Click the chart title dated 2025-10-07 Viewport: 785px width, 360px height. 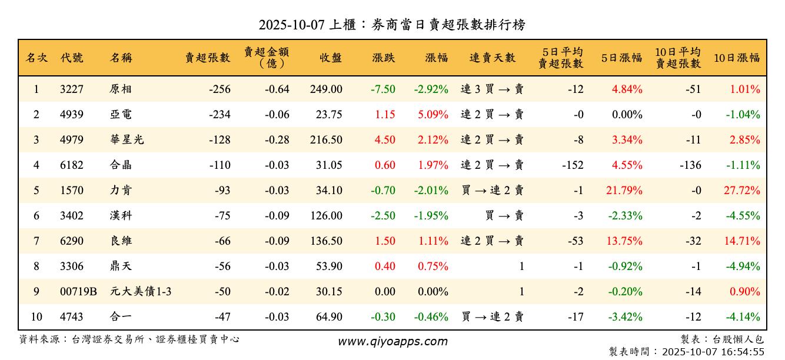point(392,25)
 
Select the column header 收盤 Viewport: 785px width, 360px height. point(331,58)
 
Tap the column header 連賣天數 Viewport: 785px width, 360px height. point(492,58)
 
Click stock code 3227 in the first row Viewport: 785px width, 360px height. point(72,89)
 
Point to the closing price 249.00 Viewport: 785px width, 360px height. point(326,89)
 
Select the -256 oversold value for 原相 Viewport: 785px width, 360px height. point(219,89)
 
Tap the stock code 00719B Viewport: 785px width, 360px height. point(76,292)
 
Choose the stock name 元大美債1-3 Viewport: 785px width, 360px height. point(141,292)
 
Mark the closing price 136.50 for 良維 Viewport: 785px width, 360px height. point(326,241)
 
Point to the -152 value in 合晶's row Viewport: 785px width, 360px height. point(573,165)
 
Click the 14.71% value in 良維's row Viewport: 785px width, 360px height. point(744,241)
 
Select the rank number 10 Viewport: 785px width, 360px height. point(36,317)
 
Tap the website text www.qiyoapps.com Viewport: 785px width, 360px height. point(392,341)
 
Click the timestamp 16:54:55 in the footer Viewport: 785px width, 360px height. point(744,352)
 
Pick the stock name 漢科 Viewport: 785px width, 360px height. point(121,216)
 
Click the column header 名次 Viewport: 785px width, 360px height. point(36,58)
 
